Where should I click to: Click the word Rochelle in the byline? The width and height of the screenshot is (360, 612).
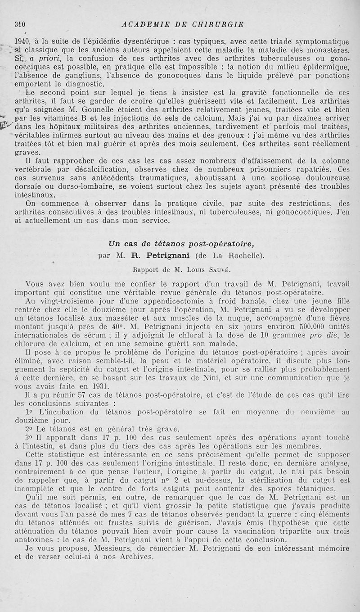(x=247, y=256)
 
